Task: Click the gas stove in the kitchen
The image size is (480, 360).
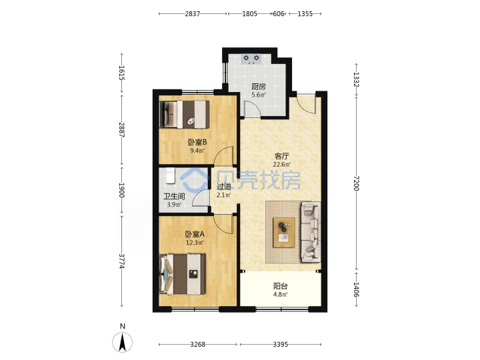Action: [251, 59]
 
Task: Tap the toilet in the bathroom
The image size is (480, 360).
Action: [170, 176]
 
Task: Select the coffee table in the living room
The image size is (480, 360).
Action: [284, 233]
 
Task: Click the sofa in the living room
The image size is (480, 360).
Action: [311, 232]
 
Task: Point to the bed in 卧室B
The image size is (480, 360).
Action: [185, 115]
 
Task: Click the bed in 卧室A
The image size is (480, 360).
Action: [183, 274]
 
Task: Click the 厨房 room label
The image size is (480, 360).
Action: [259, 87]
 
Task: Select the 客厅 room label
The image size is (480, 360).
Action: [281, 156]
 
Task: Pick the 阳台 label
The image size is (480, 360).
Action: [281, 286]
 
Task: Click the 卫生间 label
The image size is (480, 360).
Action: [174, 197]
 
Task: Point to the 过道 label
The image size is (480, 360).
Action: [224, 187]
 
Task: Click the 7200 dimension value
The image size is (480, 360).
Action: [356, 183]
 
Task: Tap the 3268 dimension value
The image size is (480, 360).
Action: [197, 345]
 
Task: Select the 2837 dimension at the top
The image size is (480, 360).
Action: [192, 14]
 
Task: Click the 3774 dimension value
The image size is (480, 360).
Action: [121, 261]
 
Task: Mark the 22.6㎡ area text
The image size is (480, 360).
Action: [281, 165]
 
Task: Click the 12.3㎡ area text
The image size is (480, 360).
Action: [195, 243]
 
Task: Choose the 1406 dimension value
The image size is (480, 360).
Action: [356, 289]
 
